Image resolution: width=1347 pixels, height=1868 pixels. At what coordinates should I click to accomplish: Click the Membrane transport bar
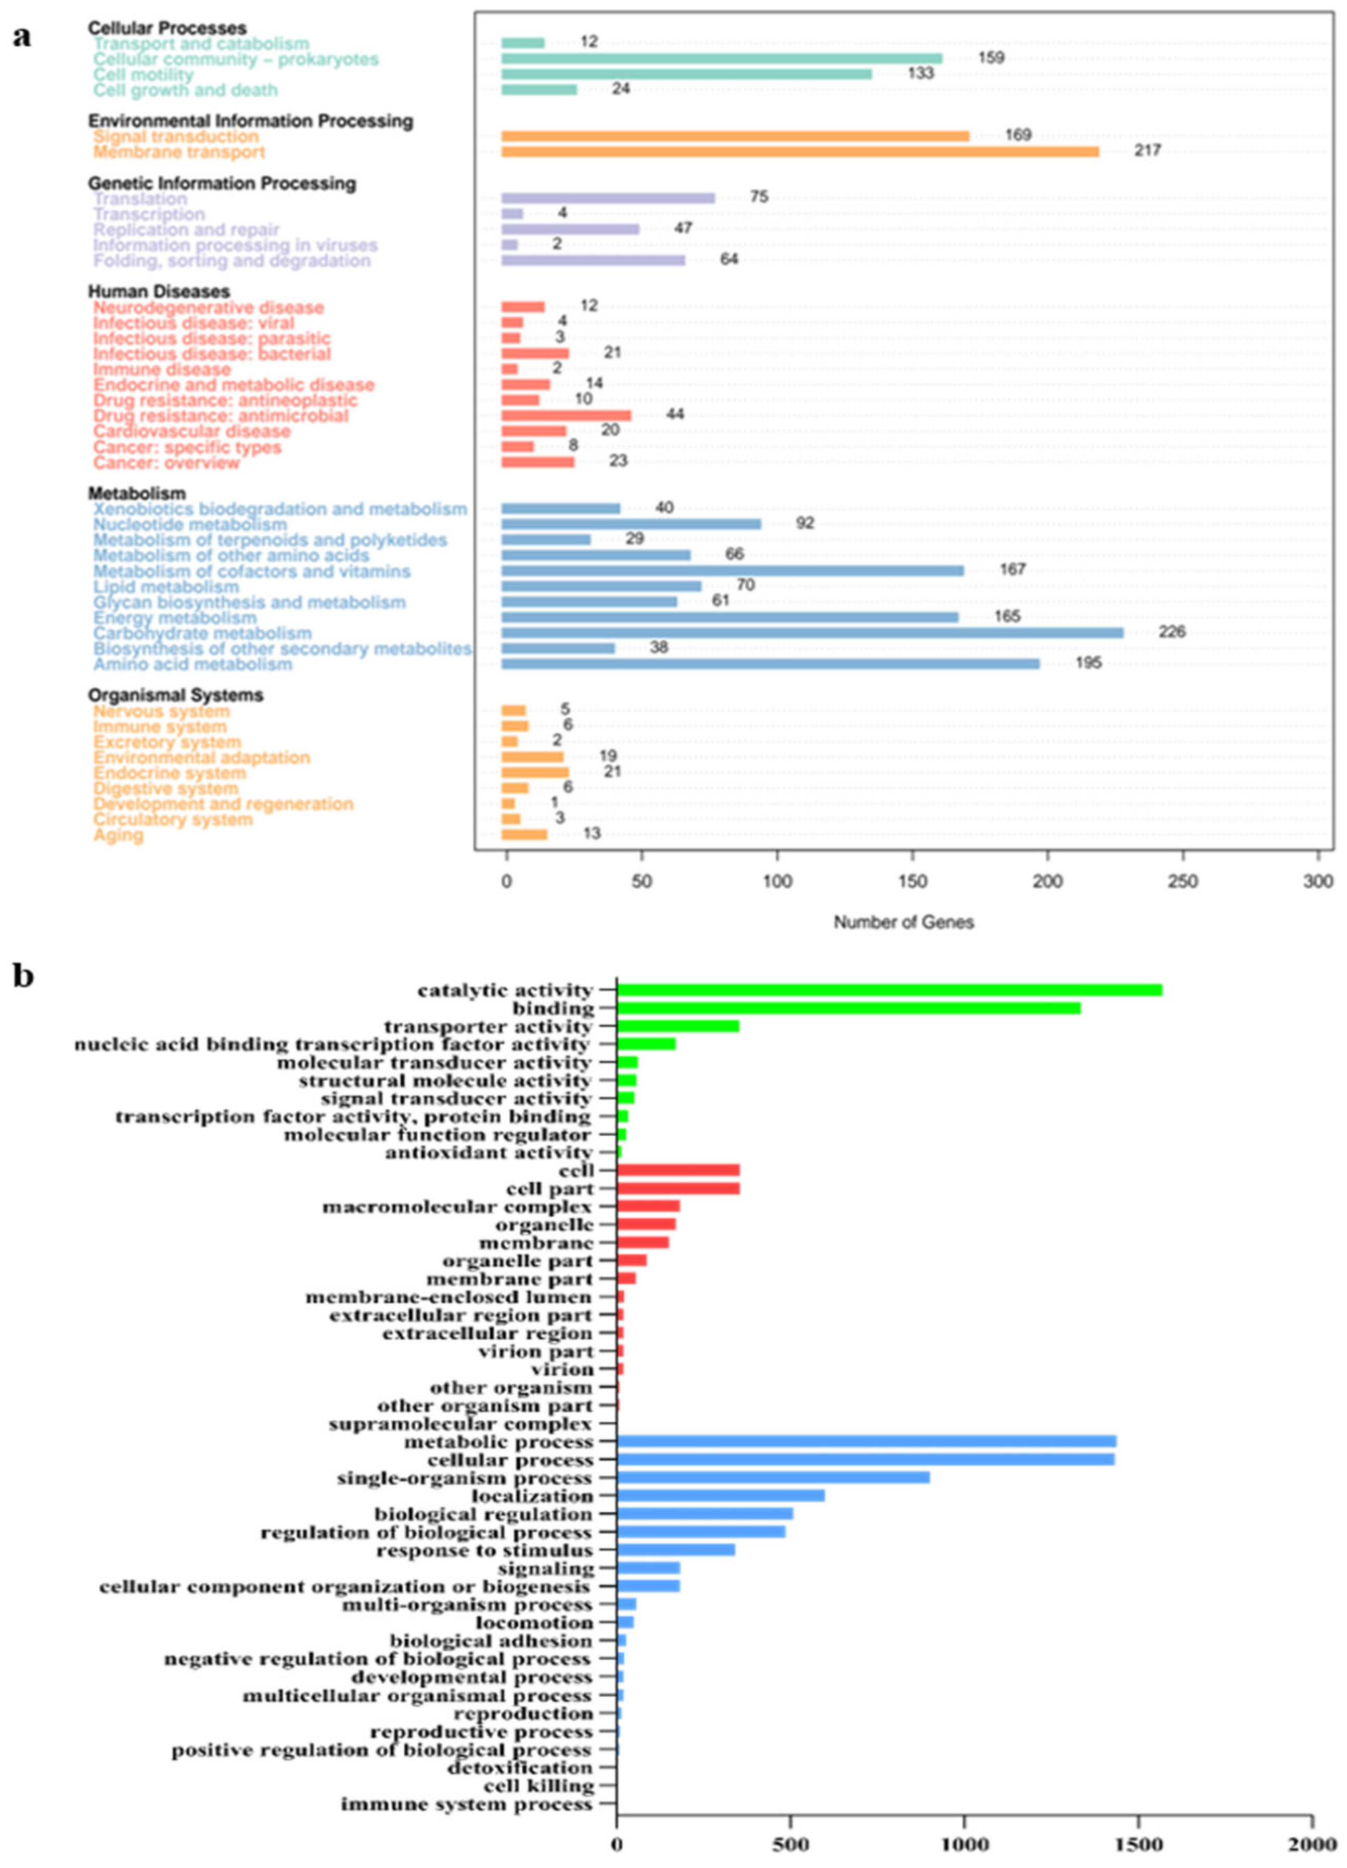(800, 151)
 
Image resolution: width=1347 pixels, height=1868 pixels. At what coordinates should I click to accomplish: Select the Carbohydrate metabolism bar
(812, 632)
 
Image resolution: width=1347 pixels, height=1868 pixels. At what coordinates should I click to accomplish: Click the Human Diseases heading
(159, 292)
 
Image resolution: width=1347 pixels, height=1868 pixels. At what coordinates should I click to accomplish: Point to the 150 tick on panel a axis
(913, 881)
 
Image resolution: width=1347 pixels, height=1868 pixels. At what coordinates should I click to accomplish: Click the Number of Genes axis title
(904, 923)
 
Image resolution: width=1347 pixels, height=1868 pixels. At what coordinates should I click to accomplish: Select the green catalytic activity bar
(890, 990)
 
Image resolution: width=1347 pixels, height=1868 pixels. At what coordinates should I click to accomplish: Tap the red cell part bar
(678, 1188)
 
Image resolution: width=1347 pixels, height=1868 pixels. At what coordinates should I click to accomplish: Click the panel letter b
(23, 976)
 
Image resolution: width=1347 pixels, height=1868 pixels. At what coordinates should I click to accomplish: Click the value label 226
(1172, 632)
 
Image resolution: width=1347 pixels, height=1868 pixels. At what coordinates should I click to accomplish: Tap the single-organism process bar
(774, 1477)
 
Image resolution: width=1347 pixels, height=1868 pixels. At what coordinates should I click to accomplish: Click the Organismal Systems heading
(175, 695)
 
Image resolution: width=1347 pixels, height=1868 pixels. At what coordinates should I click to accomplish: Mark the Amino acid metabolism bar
(771, 664)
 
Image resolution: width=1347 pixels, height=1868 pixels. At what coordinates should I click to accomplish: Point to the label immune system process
(467, 1805)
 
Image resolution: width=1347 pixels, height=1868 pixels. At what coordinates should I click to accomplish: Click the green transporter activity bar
(678, 1026)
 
